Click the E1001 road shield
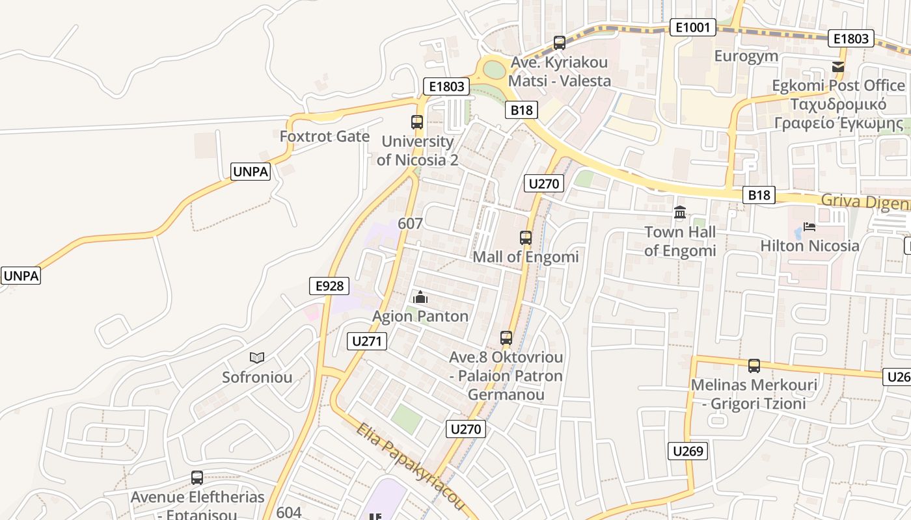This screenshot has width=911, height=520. (x=692, y=27)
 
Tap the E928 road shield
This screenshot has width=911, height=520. (x=329, y=286)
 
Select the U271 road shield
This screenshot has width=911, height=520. (x=367, y=341)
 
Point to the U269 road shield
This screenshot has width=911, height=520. (x=688, y=451)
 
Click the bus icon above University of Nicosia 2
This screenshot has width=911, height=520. (x=417, y=122)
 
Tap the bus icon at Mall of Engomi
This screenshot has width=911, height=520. (x=526, y=238)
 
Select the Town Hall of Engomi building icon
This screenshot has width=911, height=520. (x=680, y=213)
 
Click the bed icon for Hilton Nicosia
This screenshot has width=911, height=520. (x=809, y=227)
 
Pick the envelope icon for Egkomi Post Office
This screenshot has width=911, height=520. (x=838, y=67)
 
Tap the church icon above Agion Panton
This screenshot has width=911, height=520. (x=420, y=298)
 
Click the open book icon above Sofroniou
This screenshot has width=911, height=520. (x=257, y=357)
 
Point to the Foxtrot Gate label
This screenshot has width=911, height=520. (x=324, y=136)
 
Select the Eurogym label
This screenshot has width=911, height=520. (x=746, y=56)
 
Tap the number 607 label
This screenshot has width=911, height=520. (x=410, y=224)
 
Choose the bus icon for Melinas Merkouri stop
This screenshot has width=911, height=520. (x=754, y=366)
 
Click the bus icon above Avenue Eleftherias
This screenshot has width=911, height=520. (x=197, y=478)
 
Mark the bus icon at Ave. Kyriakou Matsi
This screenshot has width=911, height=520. (x=560, y=43)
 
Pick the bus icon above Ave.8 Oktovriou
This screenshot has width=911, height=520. (x=506, y=338)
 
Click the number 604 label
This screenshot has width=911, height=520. (x=289, y=512)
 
